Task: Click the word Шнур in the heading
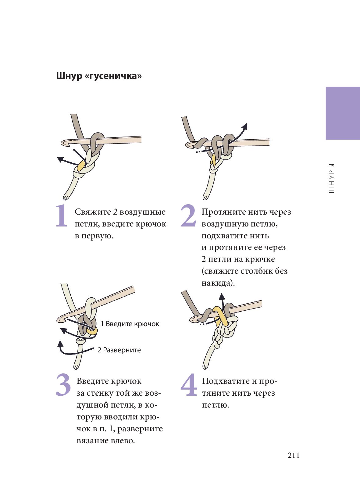(69, 76)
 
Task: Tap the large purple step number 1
(62, 216)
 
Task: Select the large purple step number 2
(188, 216)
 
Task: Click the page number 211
(294, 455)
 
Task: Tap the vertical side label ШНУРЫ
(332, 178)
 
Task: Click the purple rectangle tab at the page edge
(343, 113)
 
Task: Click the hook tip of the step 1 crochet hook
(64, 143)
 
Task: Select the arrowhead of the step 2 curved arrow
(245, 127)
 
